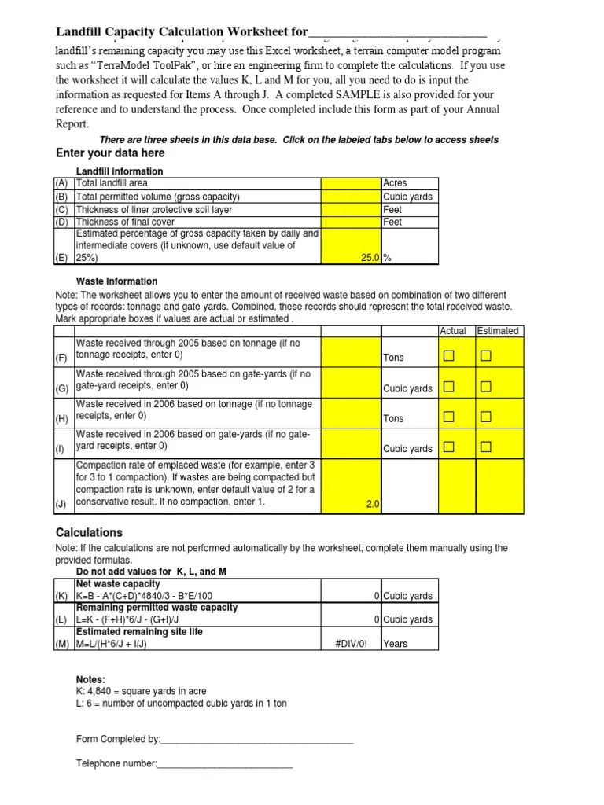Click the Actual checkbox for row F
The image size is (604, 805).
448,357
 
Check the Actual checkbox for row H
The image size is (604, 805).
448,417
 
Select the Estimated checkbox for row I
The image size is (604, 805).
486,447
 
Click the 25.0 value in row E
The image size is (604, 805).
367,257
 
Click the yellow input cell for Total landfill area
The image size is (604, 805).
350,183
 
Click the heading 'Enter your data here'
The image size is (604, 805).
110,153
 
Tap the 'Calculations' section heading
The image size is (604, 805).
89,532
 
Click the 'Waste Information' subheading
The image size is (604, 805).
116,281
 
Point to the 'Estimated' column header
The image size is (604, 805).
498,331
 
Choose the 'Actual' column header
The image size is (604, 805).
453,331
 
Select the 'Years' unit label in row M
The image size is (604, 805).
396,643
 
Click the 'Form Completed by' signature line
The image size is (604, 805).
256,740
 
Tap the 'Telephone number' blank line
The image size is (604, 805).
225,763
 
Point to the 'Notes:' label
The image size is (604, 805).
90,679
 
